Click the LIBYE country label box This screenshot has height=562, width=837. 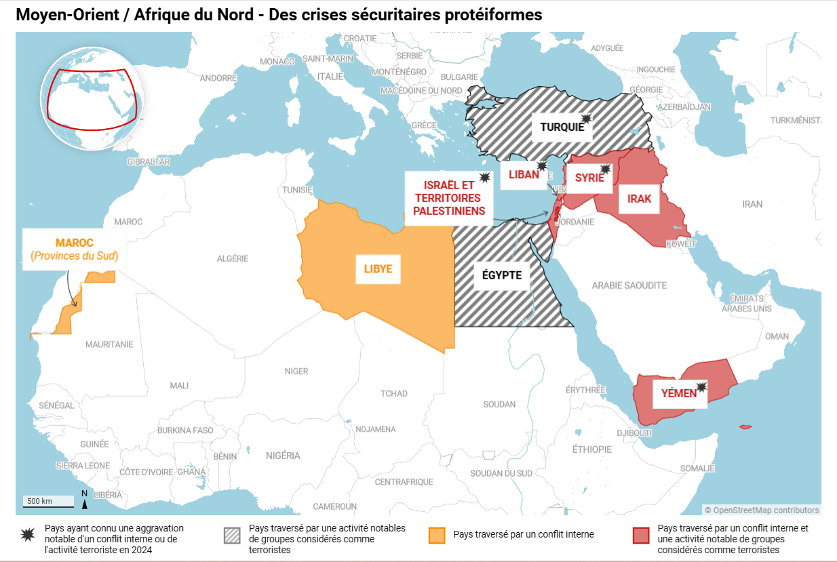[x=378, y=269]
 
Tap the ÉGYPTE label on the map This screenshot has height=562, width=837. [x=501, y=275]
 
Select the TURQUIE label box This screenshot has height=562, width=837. [x=562, y=127]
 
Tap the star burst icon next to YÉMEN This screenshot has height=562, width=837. [x=701, y=387]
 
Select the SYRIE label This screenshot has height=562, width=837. [x=589, y=178]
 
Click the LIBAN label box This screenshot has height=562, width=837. [x=524, y=174]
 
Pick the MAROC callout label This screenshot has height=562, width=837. [x=75, y=249]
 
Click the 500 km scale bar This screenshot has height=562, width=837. [x=49, y=502]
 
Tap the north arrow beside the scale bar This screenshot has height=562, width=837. [x=84, y=499]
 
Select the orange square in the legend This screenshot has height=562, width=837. [x=437, y=535]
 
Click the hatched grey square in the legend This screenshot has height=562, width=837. [x=232, y=535]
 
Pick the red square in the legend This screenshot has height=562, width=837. [x=641, y=535]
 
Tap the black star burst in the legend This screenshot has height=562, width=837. [x=28, y=535]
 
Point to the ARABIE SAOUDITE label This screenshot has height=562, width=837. [x=629, y=285]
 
